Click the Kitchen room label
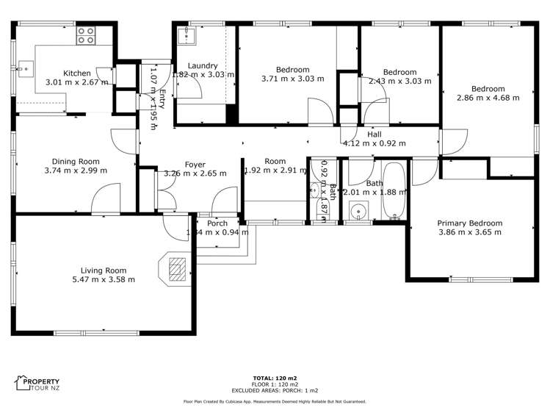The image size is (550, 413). click(x=76, y=73)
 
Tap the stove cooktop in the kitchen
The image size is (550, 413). click(x=86, y=35)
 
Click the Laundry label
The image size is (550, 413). click(x=203, y=65)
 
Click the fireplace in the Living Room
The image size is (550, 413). click(x=177, y=269)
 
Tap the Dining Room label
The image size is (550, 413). click(x=75, y=161)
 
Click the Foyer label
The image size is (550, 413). click(x=195, y=165)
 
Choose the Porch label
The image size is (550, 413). click(x=217, y=223)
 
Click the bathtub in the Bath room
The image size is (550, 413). click(x=395, y=192)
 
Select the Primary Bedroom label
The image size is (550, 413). click(x=469, y=223)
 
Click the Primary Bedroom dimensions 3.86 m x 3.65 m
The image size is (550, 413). click(x=469, y=232)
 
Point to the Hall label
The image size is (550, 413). click(x=374, y=134)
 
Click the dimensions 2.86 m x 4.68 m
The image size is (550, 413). click(x=486, y=97)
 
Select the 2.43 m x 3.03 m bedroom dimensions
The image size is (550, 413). click(x=399, y=82)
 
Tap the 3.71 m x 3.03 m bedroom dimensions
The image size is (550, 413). click(x=292, y=79)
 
